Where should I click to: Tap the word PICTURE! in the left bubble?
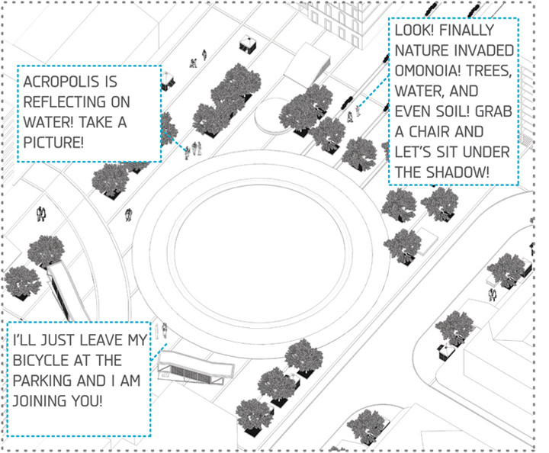[x=54, y=143]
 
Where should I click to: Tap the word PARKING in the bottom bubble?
[x=45, y=380]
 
